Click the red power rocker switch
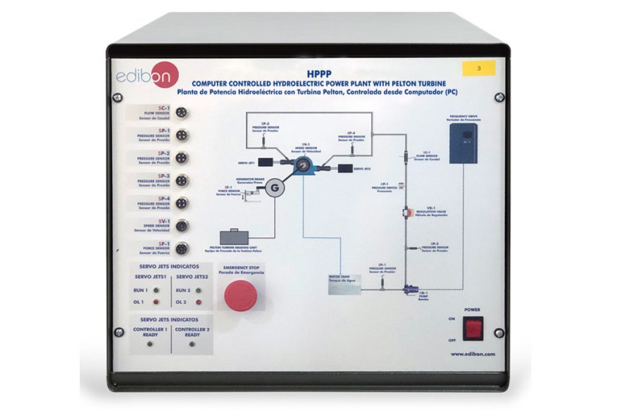click(473, 327)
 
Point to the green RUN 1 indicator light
click(154, 290)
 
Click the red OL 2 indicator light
click(199, 303)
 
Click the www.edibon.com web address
click(473, 354)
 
